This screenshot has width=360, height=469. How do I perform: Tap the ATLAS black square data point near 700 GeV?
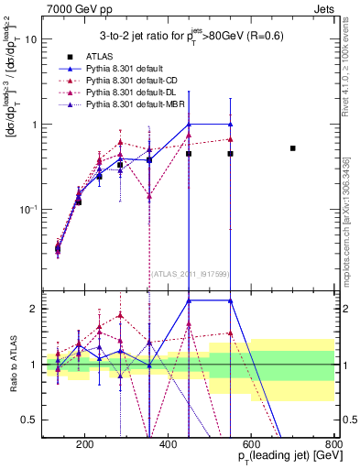click(x=293, y=147)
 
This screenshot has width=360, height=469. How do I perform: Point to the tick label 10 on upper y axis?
click(x=30, y=39)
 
